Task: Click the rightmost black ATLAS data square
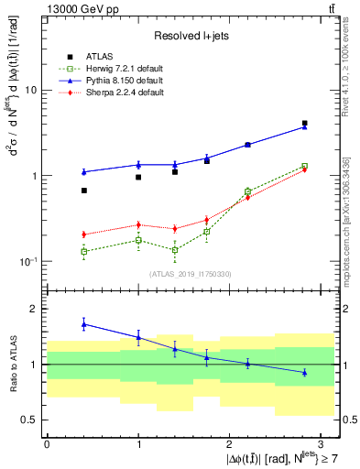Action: pyautogui.click(x=304, y=123)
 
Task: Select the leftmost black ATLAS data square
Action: pyautogui.click(x=83, y=191)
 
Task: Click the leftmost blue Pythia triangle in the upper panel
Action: pyautogui.click(x=83, y=171)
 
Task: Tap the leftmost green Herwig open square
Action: pyautogui.click(x=83, y=251)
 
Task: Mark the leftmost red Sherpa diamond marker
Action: pyautogui.click(x=83, y=234)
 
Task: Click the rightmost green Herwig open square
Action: pyautogui.click(x=304, y=166)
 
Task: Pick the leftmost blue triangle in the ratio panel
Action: pyautogui.click(x=83, y=324)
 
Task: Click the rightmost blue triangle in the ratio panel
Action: pyautogui.click(x=304, y=372)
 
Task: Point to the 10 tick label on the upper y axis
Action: pyautogui.click(x=29, y=91)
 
